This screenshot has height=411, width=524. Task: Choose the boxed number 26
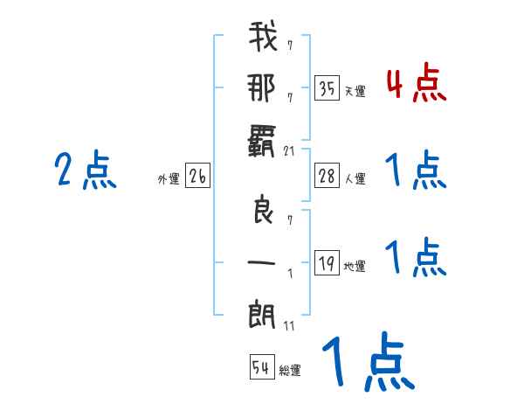click(x=198, y=178)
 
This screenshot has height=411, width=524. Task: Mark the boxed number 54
click(x=261, y=367)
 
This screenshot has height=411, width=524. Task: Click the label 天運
click(x=355, y=90)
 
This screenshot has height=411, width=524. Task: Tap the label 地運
click(x=355, y=266)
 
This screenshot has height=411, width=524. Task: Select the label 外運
click(x=168, y=179)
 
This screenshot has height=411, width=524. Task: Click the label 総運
click(x=289, y=370)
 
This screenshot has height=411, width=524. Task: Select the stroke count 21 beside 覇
click(x=290, y=151)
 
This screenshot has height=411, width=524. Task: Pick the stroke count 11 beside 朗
click(x=290, y=325)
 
